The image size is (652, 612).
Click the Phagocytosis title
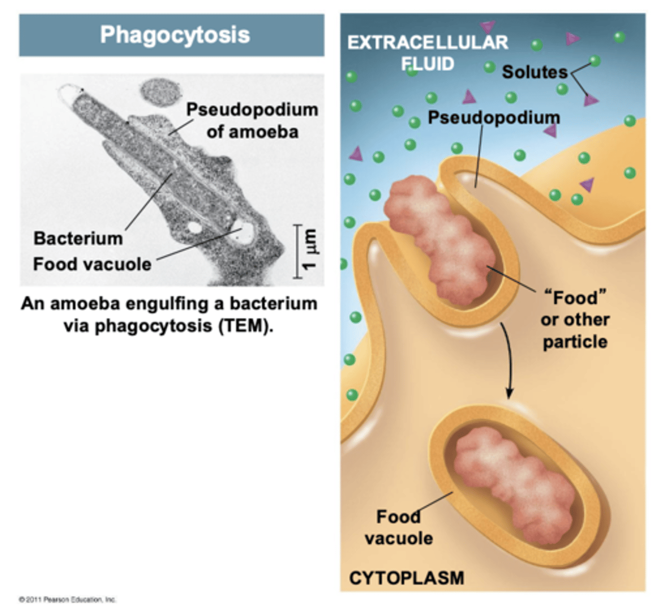pos(175,35)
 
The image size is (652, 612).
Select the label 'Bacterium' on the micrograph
pos(78,238)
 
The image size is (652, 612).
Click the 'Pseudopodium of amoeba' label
pos(252,120)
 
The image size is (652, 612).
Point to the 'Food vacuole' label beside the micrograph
pos(92,264)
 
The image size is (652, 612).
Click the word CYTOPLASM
pos(406,578)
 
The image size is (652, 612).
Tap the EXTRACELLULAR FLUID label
pos(427,53)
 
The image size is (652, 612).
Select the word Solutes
pos(535,72)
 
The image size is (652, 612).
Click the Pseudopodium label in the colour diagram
pos(493,117)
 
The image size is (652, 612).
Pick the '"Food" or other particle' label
pos(575,320)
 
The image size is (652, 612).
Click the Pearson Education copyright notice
pos(67,599)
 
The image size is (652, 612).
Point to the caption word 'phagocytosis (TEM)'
pos(168,326)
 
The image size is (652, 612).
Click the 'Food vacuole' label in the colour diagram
pos(399,527)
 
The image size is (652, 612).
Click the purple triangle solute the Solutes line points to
pos(591,100)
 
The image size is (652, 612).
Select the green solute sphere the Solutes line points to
pos(594,61)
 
